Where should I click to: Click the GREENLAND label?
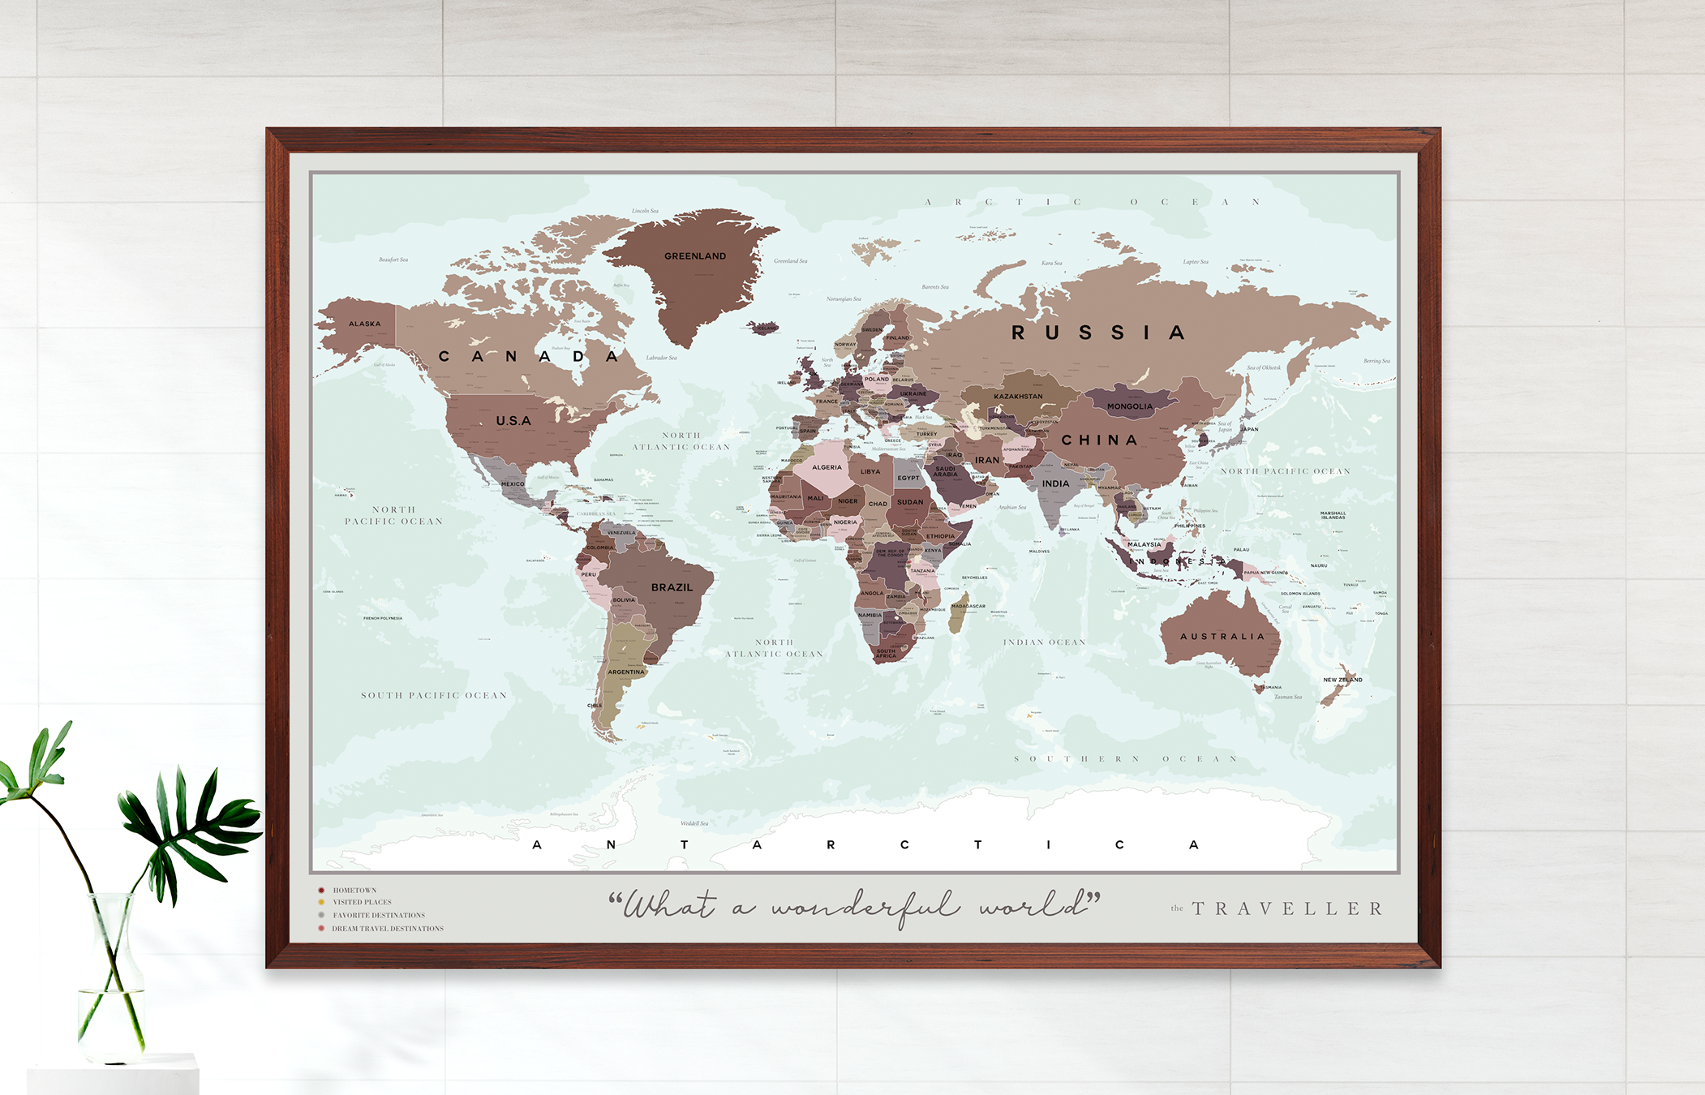[695, 256]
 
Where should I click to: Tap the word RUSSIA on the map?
[1099, 333]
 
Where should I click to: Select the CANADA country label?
[529, 357]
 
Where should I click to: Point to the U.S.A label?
[513, 421]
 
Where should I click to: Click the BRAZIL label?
[672, 587]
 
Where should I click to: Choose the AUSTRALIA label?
[1222, 637]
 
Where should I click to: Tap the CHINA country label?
[1099, 440]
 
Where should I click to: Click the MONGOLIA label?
[1130, 406]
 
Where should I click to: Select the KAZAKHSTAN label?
[1018, 397]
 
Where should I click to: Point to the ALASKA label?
[364, 324]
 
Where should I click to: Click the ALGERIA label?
[827, 467]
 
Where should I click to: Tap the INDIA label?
[1055, 483]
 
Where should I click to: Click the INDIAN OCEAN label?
[1044, 642]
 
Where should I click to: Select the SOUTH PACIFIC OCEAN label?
[434, 695]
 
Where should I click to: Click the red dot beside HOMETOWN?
[321, 891]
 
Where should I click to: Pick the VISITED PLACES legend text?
[362, 902]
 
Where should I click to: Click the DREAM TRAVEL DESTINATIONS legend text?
[388, 929]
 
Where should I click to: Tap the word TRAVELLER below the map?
[1287, 908]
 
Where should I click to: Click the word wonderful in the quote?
[865, 907]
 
